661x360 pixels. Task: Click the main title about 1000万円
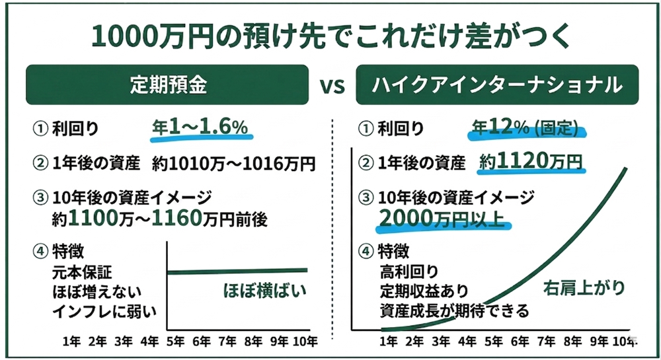click(x=330, y=35)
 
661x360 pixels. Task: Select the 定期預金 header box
click(x=167, y=85)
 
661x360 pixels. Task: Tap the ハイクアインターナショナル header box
click(x=497, y=85)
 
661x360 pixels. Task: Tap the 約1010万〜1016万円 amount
click(x=234, y=162)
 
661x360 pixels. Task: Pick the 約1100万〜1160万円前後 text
click(x=163, y=219)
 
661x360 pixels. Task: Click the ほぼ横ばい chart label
click(x=264, y=291)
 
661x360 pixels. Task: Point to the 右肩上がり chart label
click(x=575, y=288)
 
